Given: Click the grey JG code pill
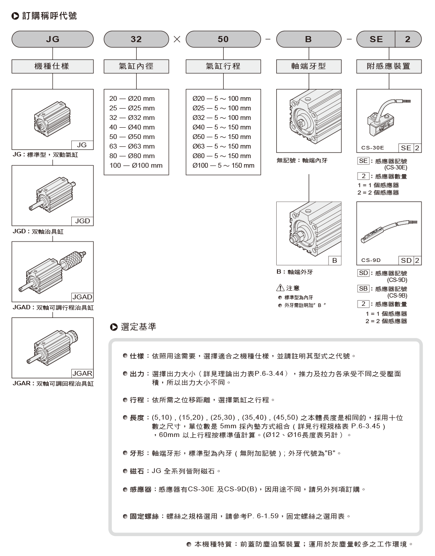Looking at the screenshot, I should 52,39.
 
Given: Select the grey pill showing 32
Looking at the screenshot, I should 136,39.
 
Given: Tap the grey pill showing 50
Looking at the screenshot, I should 223,39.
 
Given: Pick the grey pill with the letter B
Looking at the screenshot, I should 308,39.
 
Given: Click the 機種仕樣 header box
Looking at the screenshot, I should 52,66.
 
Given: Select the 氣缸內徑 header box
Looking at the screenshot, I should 136,66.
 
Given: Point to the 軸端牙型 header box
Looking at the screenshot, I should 308,66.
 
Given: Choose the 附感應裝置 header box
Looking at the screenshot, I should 388,66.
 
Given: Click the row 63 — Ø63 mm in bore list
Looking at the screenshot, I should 132,146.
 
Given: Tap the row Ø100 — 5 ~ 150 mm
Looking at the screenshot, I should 223,165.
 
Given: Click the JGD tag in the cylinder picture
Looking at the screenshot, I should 82,221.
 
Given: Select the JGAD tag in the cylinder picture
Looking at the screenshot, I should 82,297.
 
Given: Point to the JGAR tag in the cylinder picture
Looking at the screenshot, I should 82,374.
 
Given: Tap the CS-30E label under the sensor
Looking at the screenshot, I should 372,148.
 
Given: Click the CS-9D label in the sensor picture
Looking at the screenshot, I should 371,260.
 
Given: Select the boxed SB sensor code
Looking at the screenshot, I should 363,289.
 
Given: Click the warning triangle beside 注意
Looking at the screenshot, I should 281,288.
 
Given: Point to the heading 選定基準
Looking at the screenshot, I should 138,327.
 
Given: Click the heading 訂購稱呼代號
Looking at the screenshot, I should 49,16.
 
